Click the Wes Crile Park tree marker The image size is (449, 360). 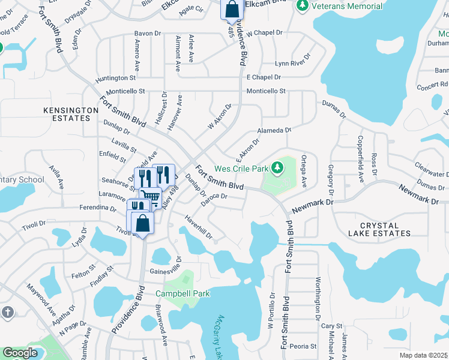[x=277, y=168]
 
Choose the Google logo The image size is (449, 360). [x=19, y=353]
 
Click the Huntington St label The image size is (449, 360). [x=116, y=78]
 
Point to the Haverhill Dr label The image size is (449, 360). [x=198, y=227]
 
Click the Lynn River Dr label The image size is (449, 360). [x=293, y=61]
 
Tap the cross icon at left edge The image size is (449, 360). [x=7, y=312]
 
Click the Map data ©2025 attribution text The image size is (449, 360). [x=424, y=355]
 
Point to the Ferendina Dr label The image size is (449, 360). [x=97, y=208]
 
